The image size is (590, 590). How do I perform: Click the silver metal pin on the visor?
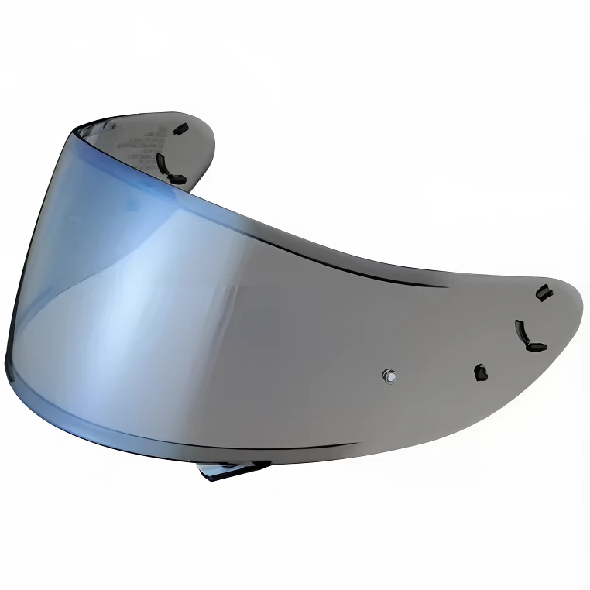coord(388,377)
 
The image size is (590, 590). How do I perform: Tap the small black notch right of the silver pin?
coord(480,372)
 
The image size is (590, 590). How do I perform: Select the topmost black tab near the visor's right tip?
coord(544,291)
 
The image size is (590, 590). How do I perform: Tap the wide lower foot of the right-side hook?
coord(534,346)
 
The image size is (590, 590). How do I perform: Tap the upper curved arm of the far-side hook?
coord(162,157)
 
